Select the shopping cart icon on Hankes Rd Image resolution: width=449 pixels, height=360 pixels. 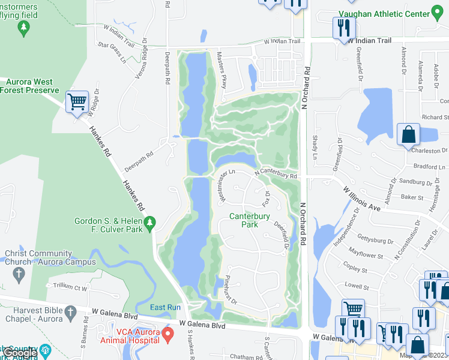pos(77,102)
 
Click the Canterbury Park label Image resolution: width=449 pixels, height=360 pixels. pos(249,220)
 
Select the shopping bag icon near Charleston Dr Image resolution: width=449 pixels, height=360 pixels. pos(408,134)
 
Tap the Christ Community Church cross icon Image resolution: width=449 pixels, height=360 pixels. pos(19,275)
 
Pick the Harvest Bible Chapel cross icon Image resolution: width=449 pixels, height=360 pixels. pos(71,313)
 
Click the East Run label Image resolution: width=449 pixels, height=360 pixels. pos(165,307)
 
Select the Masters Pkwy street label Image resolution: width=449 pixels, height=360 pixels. pos(221,70)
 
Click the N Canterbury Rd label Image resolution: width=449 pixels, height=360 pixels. pos(276,174)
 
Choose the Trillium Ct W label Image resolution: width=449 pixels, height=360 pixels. pos(70,288)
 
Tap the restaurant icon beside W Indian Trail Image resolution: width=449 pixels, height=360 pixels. pos(343,27)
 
